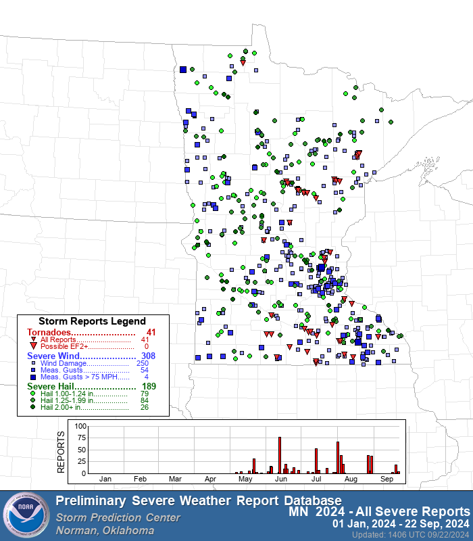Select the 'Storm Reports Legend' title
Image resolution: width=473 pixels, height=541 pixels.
(92, 321)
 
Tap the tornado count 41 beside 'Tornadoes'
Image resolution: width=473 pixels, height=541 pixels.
(151, 332)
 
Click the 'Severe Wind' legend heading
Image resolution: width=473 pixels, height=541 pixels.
(56, 356)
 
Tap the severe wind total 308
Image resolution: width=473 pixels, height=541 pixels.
(149, 356)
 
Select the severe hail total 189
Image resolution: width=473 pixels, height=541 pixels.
(149, 387)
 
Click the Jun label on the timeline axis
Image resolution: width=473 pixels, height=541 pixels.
(280, 479)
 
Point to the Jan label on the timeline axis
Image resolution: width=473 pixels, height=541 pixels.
(105, 479)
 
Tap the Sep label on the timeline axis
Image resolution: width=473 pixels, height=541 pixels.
(387, 479)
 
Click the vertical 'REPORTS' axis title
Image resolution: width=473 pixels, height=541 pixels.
(61, 450)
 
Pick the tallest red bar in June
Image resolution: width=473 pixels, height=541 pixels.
(280, 455)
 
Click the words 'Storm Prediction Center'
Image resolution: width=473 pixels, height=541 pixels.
(118, 517)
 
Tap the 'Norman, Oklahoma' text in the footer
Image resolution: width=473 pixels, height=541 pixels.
(105, 530)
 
